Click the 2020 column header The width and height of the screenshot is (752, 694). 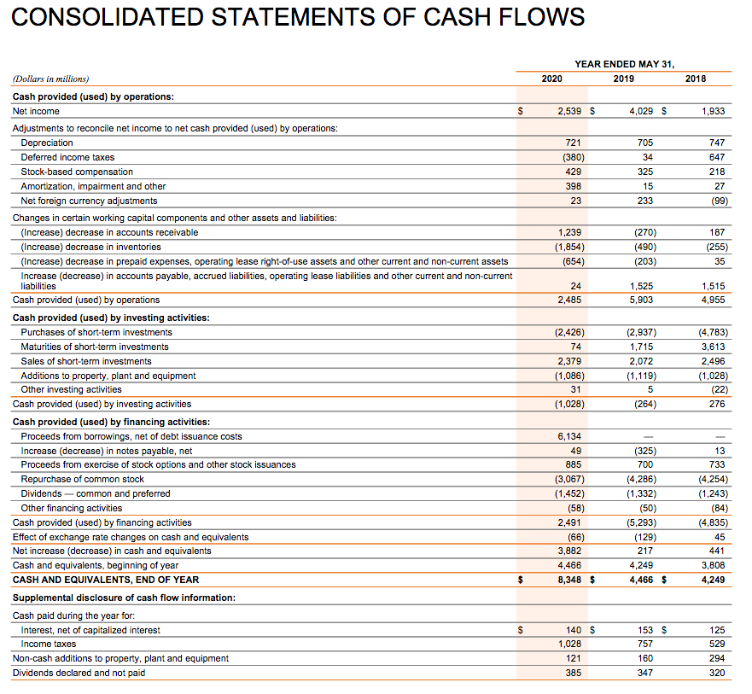coord(551,79)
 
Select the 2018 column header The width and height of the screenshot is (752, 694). coord(696,79)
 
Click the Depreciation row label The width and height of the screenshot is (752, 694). coord(47,143)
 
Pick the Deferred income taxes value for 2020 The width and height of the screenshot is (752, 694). coord(571,157)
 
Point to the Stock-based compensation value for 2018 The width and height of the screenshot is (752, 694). coord(716,172)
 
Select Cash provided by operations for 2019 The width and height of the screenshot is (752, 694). coord(640,300)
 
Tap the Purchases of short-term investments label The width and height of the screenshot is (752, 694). coord(96,332)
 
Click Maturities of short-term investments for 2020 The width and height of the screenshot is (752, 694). coord(576,347)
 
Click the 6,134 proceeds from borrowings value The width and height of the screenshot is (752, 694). coord(569,436)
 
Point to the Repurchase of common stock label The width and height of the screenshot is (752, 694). coord(83,479)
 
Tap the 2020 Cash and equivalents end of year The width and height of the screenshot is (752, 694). coord(569,580)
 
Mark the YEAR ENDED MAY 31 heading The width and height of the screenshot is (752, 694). coord(624,64)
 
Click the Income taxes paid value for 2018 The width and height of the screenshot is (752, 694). coord(716,644)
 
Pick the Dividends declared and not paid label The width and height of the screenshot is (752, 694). coord(79,673)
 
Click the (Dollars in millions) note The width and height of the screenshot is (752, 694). coord(50,79)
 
